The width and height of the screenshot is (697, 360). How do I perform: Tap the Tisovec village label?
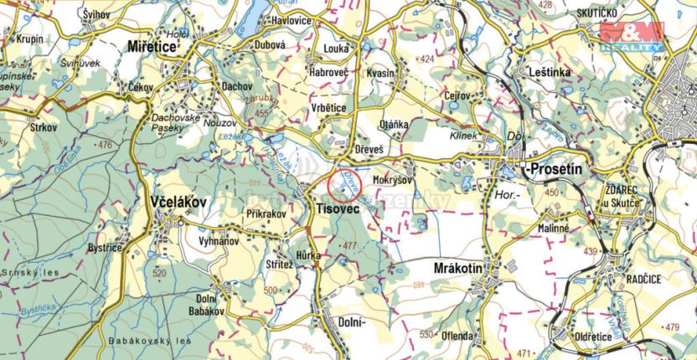(335, 206)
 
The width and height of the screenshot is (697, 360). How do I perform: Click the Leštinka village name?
(550, 74)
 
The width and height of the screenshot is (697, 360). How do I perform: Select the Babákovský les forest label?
(148, 342)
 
